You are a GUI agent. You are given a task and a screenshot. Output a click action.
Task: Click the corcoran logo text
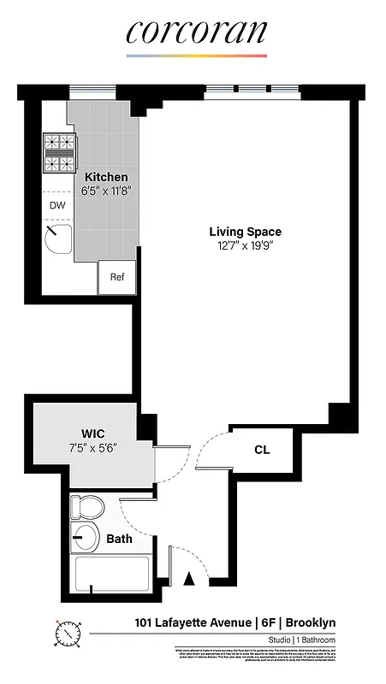[196, 32]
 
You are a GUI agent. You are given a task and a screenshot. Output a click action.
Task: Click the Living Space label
[246, 232]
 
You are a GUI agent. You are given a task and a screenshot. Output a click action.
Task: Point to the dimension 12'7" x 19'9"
[246, 245]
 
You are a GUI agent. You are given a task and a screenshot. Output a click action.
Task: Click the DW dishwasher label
[56, 206]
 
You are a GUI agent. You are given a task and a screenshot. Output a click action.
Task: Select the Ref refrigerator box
[117, 278]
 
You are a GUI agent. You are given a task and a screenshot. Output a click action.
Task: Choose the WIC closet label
[93, 432]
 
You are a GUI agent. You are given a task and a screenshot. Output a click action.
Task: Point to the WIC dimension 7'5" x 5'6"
[93, 446]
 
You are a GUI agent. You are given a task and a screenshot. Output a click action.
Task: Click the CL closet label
[262, 450]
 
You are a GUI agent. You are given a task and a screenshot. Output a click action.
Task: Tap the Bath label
[119, 540]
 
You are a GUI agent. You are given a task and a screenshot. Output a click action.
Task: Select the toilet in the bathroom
[86, 508]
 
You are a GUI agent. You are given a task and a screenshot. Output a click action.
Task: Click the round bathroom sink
[85, 539]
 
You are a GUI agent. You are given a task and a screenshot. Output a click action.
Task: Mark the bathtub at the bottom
[111, 575]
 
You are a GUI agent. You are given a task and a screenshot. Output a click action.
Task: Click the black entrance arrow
[190, 581]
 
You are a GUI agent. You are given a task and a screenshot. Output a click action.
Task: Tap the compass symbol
[68, 634]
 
